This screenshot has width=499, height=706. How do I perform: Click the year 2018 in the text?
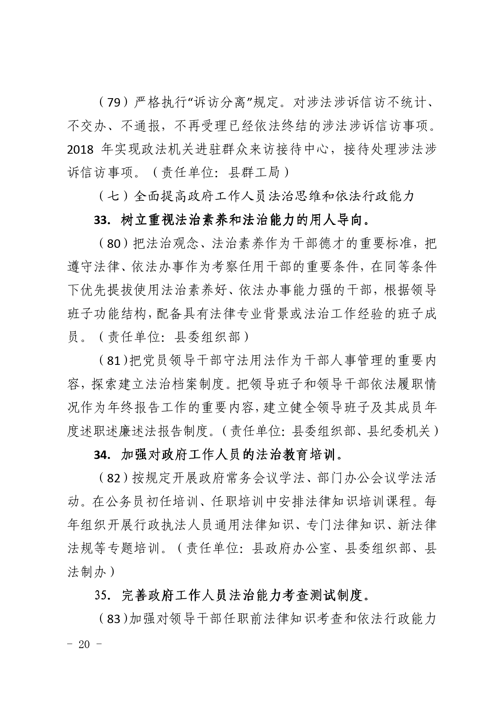80,150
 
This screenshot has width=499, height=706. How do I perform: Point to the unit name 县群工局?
254,173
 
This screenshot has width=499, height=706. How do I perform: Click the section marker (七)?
114,197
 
